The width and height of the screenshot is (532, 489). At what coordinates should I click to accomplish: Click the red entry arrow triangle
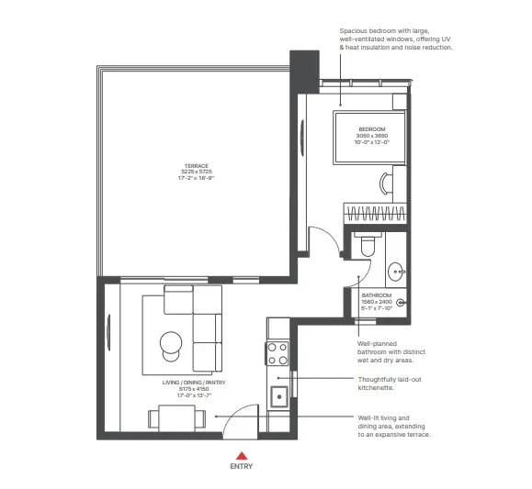tap(241, 454)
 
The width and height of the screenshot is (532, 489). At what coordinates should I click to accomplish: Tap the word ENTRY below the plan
tap(241, 466)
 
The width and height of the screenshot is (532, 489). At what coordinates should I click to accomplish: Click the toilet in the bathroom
tap(367, 244)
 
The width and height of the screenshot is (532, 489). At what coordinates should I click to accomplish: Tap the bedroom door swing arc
tap(322, 240)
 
